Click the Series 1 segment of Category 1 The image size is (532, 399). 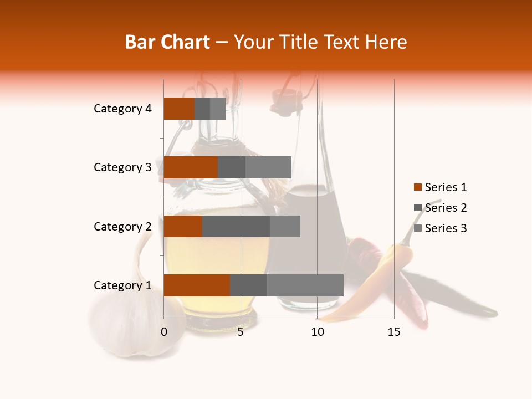point(197,285)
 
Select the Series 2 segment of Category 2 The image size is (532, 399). point(236,226)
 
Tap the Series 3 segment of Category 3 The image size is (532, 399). point(268,167)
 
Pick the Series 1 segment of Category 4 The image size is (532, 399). point(179,109)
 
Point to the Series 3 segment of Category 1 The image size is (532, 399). point(305,285)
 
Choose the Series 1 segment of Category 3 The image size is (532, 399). point(191,167)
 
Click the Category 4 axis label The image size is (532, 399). point(122,109)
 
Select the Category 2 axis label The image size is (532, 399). point(122,226)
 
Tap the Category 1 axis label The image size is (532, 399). point(122,285)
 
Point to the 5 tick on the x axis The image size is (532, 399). point(241,332)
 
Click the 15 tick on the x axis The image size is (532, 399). point(393,332)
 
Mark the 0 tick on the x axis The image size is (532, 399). point(164,332)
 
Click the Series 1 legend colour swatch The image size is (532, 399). point(417,187)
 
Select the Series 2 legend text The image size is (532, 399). point(446,208)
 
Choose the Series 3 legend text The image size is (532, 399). point(446,228)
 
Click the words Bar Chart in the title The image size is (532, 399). point(167,42)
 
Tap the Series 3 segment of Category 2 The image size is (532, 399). point(285,226)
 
